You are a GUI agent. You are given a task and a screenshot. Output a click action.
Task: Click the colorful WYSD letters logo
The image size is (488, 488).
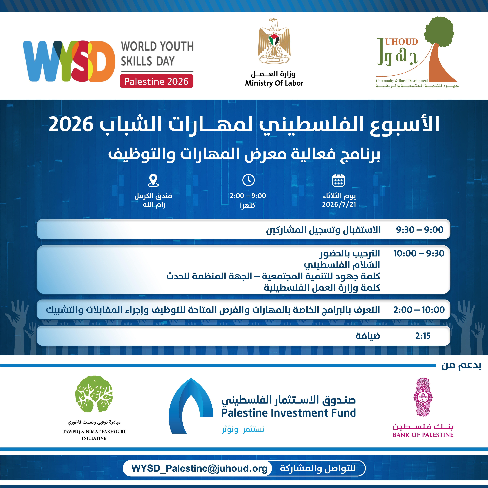tap(69, 61)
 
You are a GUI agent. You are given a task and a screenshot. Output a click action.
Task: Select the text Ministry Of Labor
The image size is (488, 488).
tap(274, 83)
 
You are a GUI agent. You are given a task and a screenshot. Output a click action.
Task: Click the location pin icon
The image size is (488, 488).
tap(153, 180)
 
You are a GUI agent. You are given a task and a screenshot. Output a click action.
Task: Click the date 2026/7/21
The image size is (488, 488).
tap(339, 204)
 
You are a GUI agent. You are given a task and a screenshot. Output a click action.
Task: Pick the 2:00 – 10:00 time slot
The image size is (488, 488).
tap(419, 310)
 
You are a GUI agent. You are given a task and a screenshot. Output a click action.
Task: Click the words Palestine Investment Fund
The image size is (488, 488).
tap(288, 413)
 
